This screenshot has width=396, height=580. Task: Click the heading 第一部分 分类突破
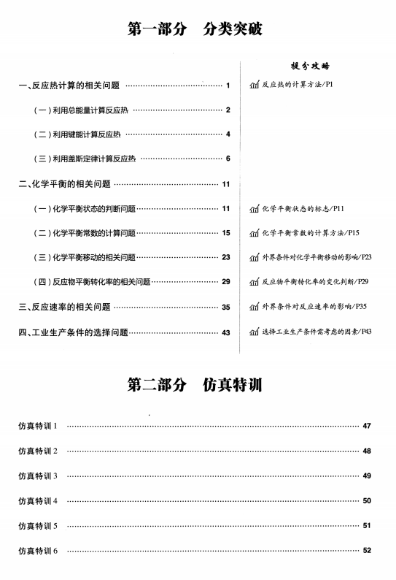click(x=195, y=29)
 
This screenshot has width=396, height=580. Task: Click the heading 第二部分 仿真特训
click(x=195, y=385)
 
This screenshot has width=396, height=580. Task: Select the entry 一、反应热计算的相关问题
click(x=69, y=85)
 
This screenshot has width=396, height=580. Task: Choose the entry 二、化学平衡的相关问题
click(x=65, y=183)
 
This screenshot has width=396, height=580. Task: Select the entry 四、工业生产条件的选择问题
click(x=73, y=332)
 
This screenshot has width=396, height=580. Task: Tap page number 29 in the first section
click(x=225, y=282)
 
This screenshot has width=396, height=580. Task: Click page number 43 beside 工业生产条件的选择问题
click(x=225, y=332)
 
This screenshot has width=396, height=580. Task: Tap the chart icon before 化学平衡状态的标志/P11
click(x=254, y=210)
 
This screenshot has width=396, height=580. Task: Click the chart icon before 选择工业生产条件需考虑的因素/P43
click(x=254, y=332)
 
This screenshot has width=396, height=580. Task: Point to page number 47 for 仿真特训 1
click(x=367, y=426)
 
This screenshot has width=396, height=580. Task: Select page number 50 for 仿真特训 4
click(x=367, y=500)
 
